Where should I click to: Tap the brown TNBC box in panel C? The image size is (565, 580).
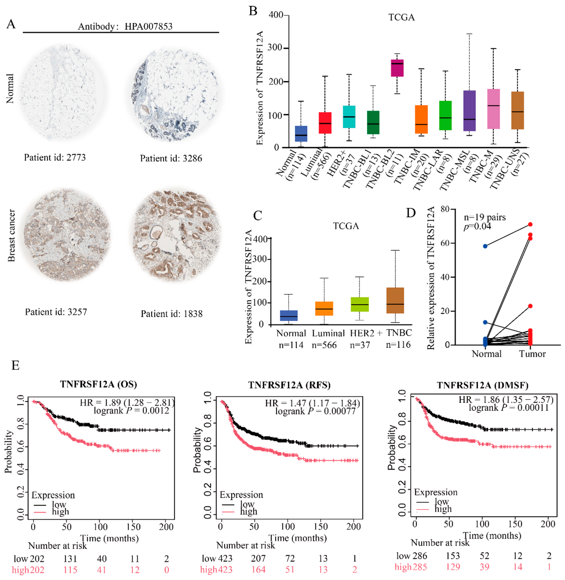(395, 300)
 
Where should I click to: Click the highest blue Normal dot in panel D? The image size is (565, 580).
(485, 246)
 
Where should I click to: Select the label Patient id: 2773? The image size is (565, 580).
(55, 158)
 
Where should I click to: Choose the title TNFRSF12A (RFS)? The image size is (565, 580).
(289, 385)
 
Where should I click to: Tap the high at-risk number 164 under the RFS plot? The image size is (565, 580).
(258, 570)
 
